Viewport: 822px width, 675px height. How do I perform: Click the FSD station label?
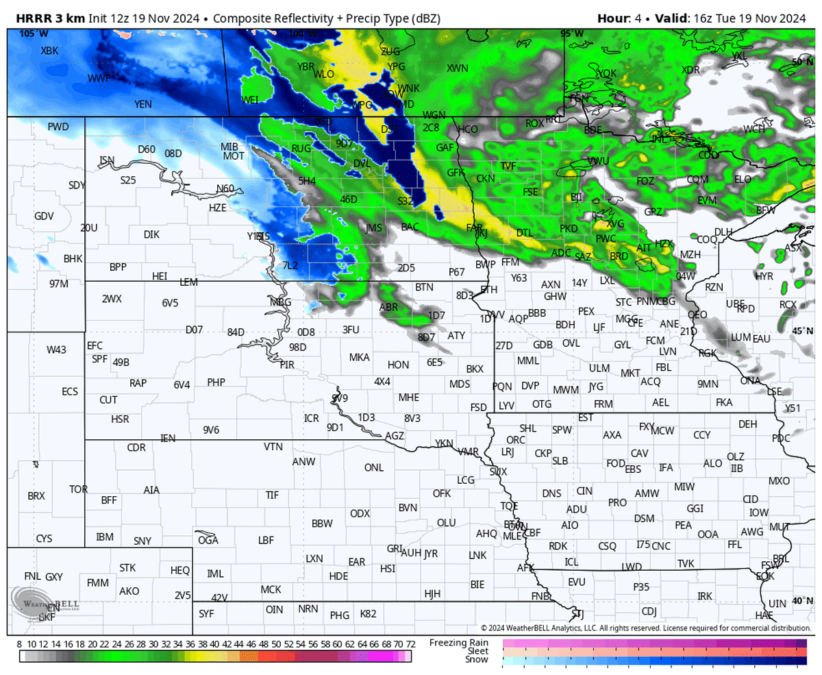[478, 407]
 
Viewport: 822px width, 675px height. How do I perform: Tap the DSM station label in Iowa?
[644, 519]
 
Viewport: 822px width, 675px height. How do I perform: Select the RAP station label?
[138, 383]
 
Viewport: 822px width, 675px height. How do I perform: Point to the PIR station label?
[287, 365]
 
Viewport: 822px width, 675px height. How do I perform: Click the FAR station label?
[474, 227]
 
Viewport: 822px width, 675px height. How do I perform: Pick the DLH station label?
[723, 232]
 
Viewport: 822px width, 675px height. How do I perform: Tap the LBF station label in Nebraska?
[266, 540]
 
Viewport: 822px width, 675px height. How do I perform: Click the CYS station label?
[44, 539]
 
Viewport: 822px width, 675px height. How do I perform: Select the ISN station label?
[107, 160]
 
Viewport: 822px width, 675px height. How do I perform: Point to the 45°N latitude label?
[800, 330]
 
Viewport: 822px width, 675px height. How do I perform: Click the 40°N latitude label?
[800, 600]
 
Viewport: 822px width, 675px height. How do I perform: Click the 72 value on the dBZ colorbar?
[410, 644]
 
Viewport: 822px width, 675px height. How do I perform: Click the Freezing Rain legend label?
[459, 642]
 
